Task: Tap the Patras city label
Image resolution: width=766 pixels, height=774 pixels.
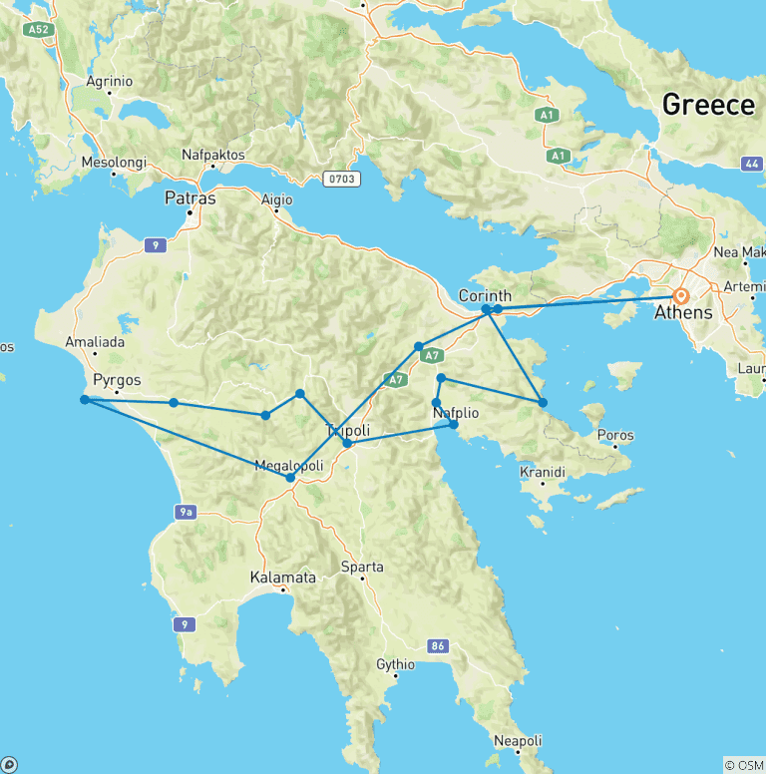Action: pos(190,198)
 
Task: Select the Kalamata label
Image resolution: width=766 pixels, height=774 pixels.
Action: pos(284,578)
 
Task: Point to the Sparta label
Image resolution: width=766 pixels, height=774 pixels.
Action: pos(362,567)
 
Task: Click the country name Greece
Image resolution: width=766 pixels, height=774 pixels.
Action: pos(708,105)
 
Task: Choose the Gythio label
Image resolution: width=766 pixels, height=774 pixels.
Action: pos(395,664)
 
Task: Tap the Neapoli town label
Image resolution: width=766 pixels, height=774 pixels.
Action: pos(519,740)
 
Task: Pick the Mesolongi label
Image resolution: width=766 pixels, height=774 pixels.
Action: pos(114,162)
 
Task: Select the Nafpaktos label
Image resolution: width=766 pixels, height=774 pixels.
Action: pos(213,155)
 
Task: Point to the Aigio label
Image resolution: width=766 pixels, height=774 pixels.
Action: pos(276,198)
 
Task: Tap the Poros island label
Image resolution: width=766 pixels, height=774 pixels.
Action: pos(614,436)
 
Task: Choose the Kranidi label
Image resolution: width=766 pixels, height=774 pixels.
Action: pos(543,472)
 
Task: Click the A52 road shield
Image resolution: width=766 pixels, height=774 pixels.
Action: pos(39,30)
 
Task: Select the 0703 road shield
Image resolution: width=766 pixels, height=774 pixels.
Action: pos(340,180)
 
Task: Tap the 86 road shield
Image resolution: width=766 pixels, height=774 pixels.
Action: pos(437,647)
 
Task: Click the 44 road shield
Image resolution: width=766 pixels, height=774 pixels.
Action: pos(752,163)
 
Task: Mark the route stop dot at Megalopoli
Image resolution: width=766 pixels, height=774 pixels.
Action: pos(290,478)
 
